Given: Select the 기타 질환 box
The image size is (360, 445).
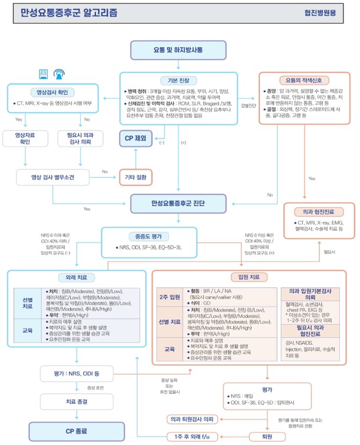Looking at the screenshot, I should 136,176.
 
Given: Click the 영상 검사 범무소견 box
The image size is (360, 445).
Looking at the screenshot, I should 52,176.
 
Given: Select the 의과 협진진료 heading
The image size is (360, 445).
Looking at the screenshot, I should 318,211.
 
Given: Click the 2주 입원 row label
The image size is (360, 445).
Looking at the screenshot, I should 170,297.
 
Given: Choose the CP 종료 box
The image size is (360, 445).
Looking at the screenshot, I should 77,430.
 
